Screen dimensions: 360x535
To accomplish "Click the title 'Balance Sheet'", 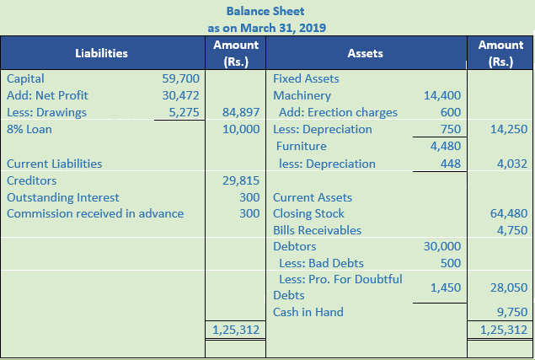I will click(x=266, y=11).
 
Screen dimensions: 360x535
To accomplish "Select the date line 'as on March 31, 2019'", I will click(x=266, y=27).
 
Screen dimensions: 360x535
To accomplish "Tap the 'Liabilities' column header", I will click(x=101, y=53).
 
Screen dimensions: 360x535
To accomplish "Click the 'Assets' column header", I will click(x=364, y=53).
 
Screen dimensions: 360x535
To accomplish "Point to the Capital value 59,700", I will click(x=180, y=78).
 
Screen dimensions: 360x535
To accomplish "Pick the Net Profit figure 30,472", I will click(x=180, y=95).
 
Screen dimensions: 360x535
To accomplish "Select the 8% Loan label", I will click(x=26, y=129).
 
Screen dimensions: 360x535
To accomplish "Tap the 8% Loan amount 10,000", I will click(x=241, y=129).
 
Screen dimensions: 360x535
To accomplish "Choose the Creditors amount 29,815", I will click(x=241, y=180).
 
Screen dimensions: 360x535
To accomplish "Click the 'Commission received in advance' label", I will click(x=94, y=213).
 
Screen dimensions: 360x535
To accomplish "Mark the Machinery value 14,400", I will click(x=442, y=95).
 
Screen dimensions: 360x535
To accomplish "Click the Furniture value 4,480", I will click(x=445, y=146).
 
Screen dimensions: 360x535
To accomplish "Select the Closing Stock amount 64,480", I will click(x=508, y=213).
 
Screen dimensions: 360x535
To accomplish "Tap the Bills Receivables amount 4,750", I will click(x=511, y=230).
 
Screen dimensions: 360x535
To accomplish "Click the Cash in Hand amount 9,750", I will click(x=511, y=312).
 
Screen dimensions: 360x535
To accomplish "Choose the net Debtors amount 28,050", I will click(x=508, y=287).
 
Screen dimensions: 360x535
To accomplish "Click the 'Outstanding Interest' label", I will click(x=62, y=197).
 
